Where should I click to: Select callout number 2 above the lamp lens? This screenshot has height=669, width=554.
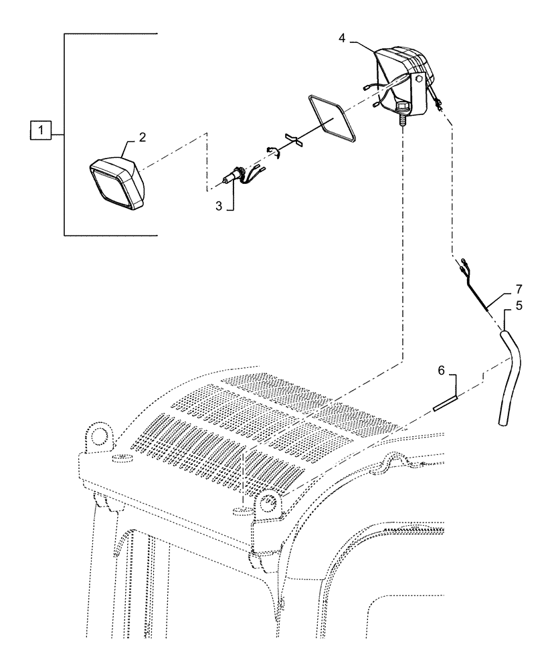[142, 137]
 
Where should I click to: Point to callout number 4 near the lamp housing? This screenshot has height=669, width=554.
[342, 39]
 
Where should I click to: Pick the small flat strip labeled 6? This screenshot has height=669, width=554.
[444, 403]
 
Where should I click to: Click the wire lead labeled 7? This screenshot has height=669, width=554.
[478, 288]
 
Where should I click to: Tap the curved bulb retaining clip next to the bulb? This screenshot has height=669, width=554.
[272, 151]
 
